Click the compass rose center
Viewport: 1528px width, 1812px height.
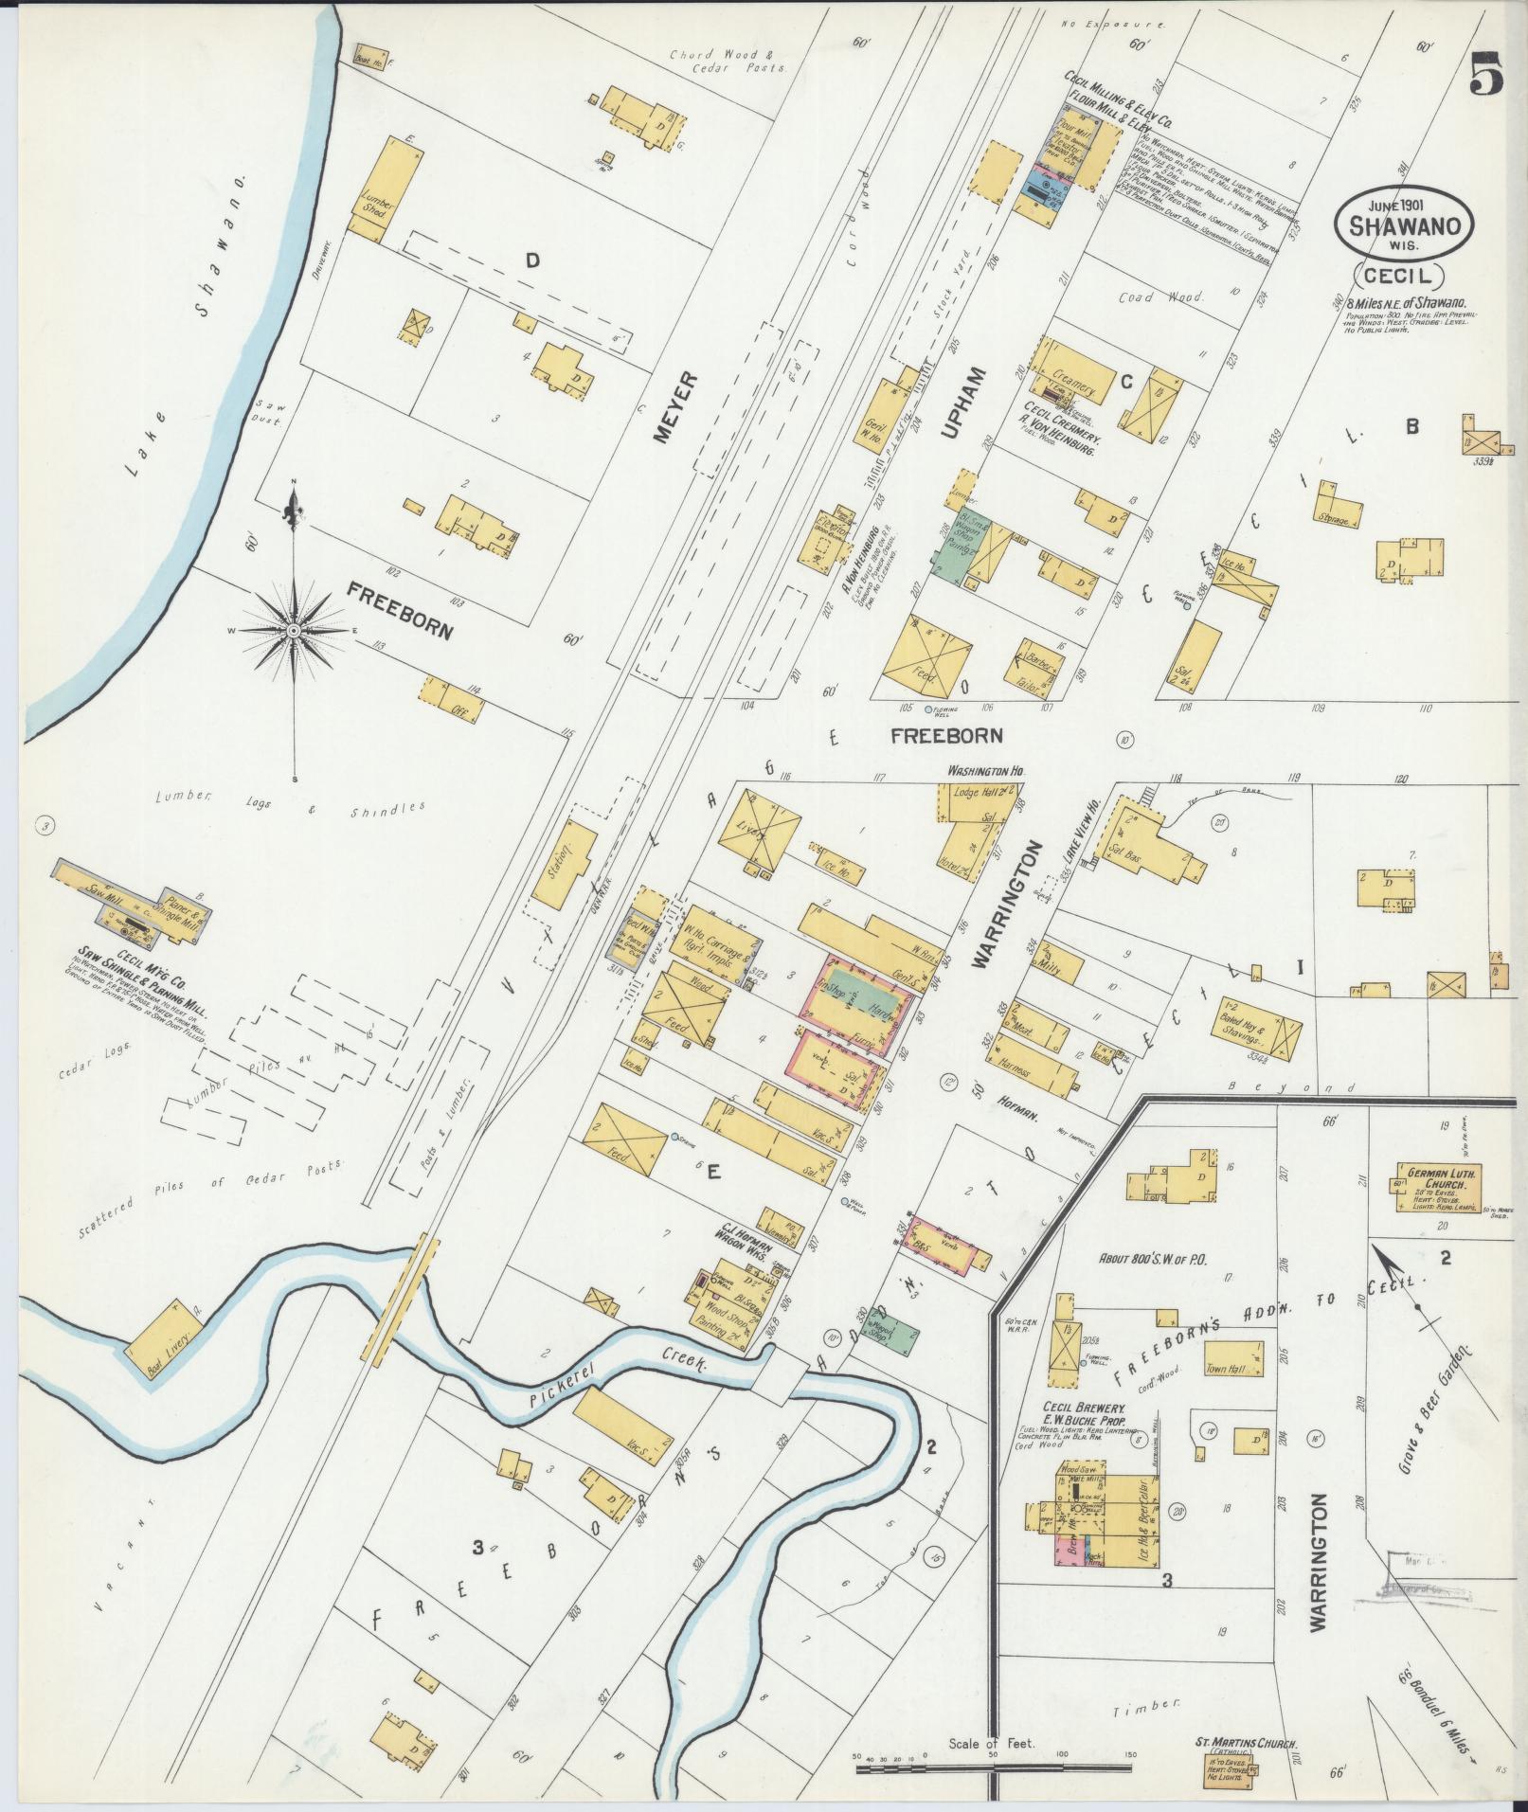pos(294,630)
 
